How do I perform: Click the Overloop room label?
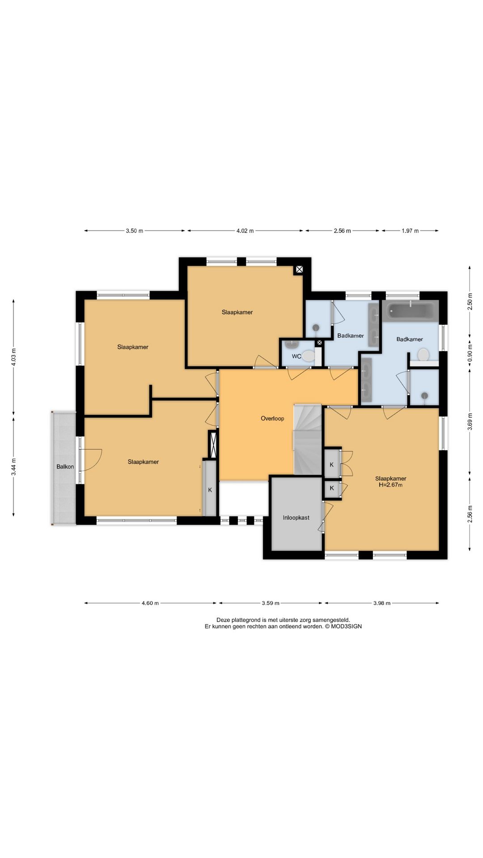pos(272,419)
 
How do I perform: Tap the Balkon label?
pos(65,467)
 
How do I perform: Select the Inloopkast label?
pos(296,518)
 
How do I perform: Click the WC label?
pos(297,357)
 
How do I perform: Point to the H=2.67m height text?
pos(391,485)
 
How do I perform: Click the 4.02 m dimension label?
pos(245,231)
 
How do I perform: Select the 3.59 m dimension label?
pos(271,603)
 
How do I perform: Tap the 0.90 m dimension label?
pos(470,350)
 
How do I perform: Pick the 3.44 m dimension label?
pos(14,467)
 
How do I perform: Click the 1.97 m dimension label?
pos(410,231)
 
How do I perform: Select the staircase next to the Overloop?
pos(308,440)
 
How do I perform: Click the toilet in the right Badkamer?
pos(423,355)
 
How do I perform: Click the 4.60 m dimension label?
pos(150,603)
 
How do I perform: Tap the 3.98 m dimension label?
pos(382,603)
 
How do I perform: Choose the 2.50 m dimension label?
pos(470,302)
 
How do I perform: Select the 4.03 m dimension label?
pos(14,357)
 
